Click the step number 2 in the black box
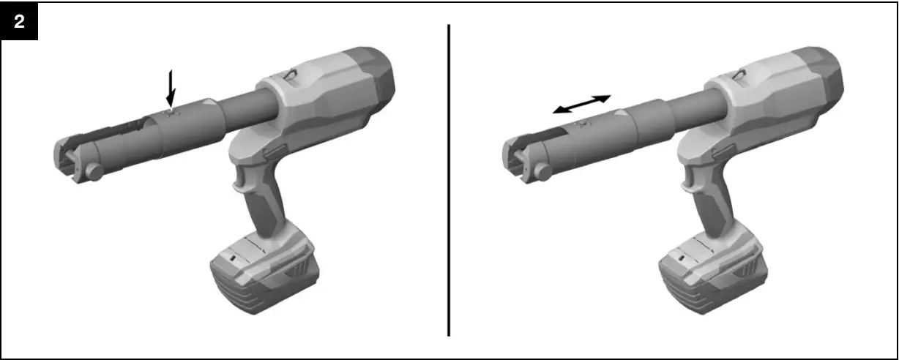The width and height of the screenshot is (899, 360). (19, 21)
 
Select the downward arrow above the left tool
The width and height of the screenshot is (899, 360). (171, 87)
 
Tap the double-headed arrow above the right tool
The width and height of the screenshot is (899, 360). (581, 104)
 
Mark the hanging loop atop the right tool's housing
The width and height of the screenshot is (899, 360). (739, 72)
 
